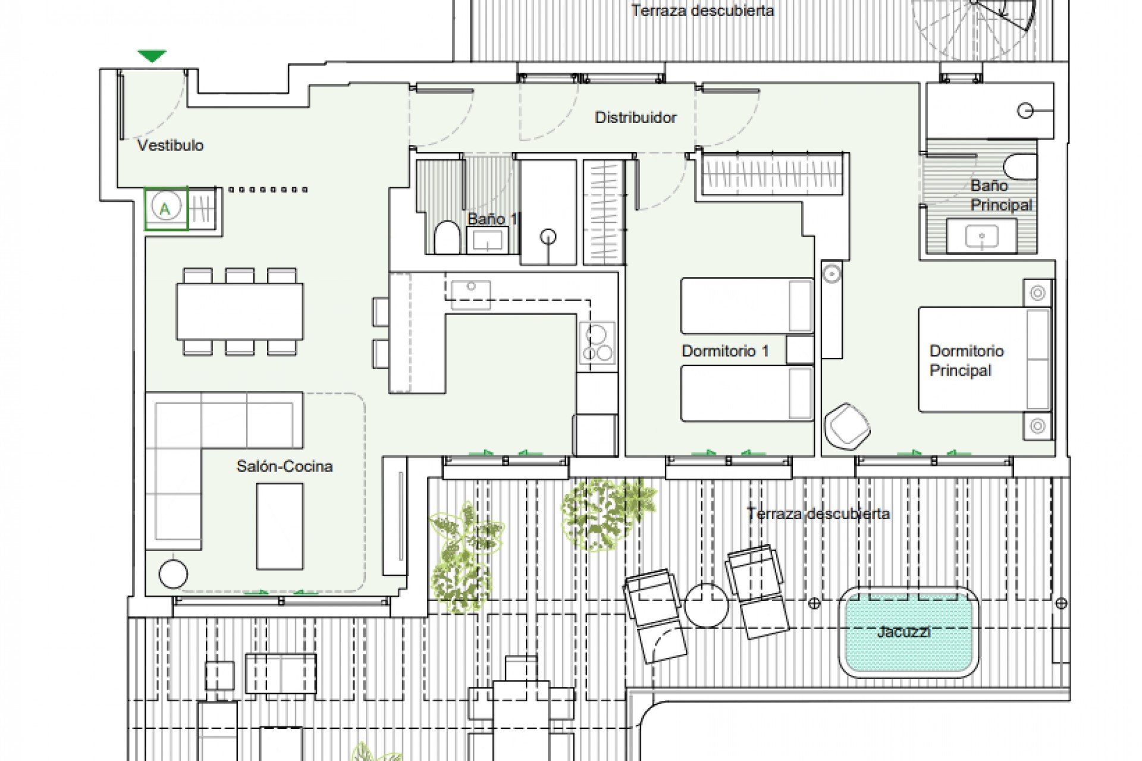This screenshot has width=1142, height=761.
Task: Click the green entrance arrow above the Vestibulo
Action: click(152, 56)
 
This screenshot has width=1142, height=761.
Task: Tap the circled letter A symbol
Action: click(165, 208)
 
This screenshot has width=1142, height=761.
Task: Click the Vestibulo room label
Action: click(170, 145)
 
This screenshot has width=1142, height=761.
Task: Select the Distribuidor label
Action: click(635, 117)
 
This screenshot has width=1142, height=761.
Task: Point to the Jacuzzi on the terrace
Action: click(908, 633)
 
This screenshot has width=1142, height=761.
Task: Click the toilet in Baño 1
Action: click(446, 238)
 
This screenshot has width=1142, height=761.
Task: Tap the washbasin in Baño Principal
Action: click(981, 237)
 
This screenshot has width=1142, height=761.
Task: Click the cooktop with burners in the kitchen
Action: click(597, 343)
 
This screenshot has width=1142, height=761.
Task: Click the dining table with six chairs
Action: click(240, 311)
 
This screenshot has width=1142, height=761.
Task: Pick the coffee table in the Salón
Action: click(280, 526)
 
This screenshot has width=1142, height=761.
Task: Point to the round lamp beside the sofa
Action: click(173, 574)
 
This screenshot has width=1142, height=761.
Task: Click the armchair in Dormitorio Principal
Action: click(847, 426)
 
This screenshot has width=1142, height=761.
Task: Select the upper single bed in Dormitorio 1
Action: click(746, 306)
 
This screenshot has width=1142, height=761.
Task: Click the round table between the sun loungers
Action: click(706, 605)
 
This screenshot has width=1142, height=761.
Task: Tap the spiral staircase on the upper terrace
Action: click(975, 24)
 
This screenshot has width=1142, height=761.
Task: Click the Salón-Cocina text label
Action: click(284, 466)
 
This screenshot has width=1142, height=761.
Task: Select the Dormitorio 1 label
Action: click(724, 351)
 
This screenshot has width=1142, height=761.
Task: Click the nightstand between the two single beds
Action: click(799, 350)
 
